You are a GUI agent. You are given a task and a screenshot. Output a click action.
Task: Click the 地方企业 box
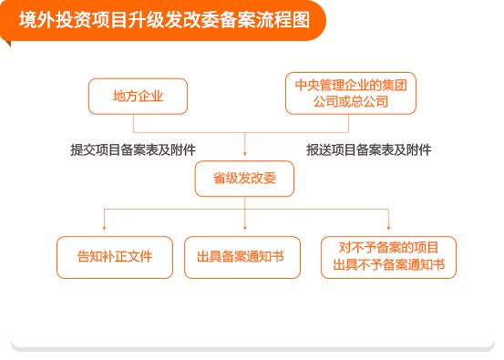pyautogui.click(x=138, y=96)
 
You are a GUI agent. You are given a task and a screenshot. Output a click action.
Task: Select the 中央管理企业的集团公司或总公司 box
pyautogui.click(x=350, y=93)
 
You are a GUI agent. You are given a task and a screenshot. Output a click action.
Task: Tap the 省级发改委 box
pyautogui.click(x=244, y=179)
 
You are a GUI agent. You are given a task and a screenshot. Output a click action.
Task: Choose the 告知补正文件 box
pyautogui.click(x=114, y=257)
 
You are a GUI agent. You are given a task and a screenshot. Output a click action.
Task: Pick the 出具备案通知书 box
pyautogui.click(x=241, y=257)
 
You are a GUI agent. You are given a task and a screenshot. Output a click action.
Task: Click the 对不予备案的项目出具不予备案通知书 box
pyautogui.click(x=388, y=257)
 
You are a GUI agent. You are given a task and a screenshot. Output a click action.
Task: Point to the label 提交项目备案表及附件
pyautogui.click(x=133, y=149)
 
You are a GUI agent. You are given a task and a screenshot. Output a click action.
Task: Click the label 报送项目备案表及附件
pyautogui.click(x=368, y=149)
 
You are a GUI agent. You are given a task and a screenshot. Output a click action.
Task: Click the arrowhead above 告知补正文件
pyautogui.click(x=105, y=228)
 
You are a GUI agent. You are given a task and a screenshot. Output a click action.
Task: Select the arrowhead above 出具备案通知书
pyautogui.click(x=245, y=228)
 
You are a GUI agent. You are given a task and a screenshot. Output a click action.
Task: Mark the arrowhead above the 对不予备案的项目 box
pyautogui.click(x=389, y=228)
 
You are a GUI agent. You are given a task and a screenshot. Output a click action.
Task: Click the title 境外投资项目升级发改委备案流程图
pyautogui.click(x=164, y=20)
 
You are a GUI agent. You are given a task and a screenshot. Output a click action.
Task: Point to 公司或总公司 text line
pyautogui.click(x=351, y=101)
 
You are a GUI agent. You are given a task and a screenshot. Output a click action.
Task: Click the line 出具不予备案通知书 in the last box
pyautogui.click(x=388, y=265)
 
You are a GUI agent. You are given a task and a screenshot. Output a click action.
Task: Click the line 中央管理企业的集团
pyautogui.click(x=351, y=85)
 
